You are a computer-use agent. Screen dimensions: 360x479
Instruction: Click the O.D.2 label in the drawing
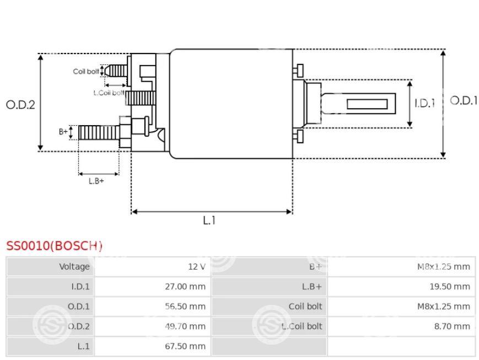(x=20, y=104)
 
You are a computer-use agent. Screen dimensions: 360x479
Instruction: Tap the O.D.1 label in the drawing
(x=464, y=101)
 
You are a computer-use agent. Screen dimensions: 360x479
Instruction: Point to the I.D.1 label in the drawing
(x=425, y=103)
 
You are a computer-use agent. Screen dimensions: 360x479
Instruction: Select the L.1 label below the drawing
(x=209, y=221)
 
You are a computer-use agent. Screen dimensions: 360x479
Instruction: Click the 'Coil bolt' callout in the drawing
(x=86, y=72)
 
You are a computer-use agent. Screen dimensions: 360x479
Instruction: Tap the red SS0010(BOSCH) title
(x=54, y=246)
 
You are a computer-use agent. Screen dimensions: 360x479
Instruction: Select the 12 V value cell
(x=196, y=267)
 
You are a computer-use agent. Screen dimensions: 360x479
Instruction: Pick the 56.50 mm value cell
(x=186, y=307)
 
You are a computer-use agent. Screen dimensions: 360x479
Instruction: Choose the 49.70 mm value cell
(x=186, y=326)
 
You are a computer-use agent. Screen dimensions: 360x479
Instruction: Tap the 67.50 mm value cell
(x=186, y=346)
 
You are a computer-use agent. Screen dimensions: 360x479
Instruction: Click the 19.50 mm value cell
(x=451, y=287)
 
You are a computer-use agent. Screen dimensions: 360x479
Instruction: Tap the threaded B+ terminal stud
(x=99, y=132)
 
